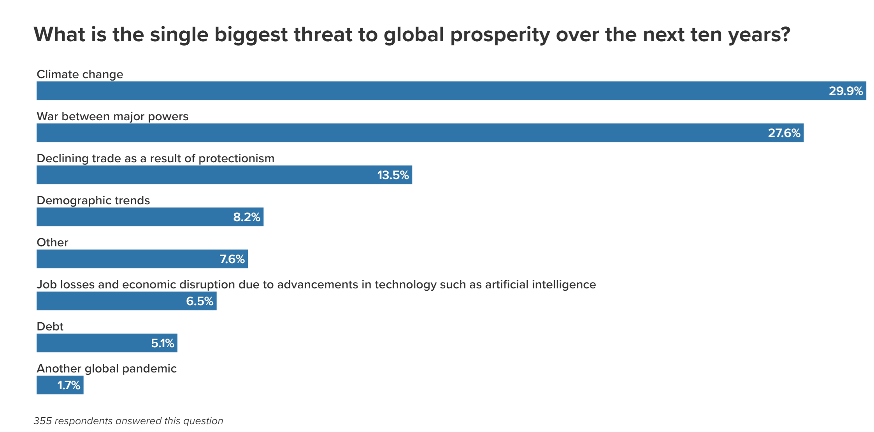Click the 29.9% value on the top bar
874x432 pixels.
[846, 91]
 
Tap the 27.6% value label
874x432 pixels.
[784, 133]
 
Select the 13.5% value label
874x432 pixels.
[393, 175]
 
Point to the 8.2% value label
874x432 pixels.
[246, 217]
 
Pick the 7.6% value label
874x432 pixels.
[232, 259]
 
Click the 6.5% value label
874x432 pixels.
[199, 301]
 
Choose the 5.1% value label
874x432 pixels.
[162, 343]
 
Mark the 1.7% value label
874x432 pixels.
[68, 385]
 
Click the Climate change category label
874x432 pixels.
[80, 74]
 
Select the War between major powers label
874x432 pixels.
[112, 116]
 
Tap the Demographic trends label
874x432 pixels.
[93, 200]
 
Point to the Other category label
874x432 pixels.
[53, 242]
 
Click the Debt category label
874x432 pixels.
[50, 327]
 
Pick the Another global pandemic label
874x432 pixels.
[106, 369]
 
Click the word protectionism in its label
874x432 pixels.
[236, 159]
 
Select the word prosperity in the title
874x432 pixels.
[500, 35]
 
